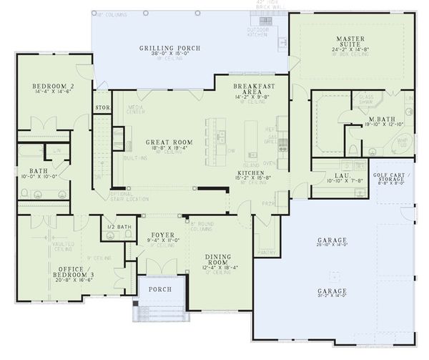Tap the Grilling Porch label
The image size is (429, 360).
pyautogui.click(x=169, y=48)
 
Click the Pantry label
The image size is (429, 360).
pyautogui.click(x=268, y=252)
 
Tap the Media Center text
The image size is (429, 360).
pyautogui.click(x=137, y=110)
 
